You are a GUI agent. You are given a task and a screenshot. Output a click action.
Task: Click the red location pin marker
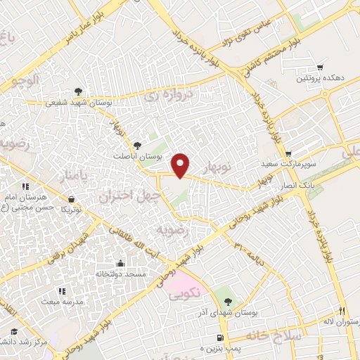[181, 165]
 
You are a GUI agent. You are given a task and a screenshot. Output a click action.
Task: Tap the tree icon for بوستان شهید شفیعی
[78, 91]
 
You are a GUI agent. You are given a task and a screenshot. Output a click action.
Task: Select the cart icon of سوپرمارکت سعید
[288, 153]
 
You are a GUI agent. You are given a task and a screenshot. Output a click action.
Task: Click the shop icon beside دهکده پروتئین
[321, 67]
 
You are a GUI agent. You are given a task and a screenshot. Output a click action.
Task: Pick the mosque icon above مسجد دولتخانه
[121, 263]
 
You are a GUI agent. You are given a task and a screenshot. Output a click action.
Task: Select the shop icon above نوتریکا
[71, 199]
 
